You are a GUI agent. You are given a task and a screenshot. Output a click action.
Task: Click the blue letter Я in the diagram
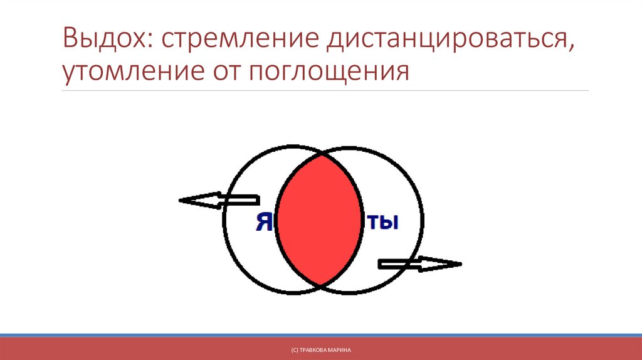(x=264, y=222)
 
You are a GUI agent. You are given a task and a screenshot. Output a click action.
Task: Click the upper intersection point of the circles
(x=320, y=152)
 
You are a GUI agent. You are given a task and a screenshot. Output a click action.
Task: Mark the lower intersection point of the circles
(x=320, y=287)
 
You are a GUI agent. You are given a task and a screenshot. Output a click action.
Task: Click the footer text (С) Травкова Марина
(x=320, y=348)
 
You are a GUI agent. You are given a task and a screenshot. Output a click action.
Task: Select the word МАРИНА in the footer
(x=339, y=348)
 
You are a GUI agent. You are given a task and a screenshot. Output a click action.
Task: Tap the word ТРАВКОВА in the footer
(x=315, y=348)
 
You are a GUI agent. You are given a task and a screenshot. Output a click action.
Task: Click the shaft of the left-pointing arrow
(x=238, y=201)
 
